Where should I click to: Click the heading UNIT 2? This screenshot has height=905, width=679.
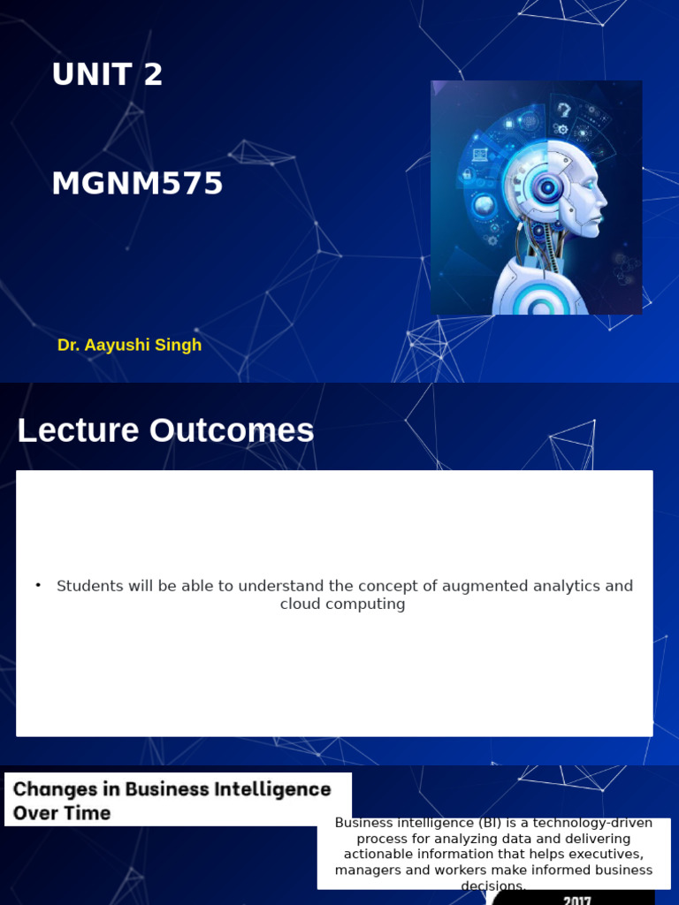click(x=107, y=75)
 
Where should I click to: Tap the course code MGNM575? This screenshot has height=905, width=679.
click(x=137, y=184)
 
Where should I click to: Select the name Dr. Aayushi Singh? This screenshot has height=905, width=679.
click(x=129, y=345)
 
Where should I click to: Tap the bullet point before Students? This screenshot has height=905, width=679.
click(x=39, y=585)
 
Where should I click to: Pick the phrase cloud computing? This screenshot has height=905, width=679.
click(x=342, y=605)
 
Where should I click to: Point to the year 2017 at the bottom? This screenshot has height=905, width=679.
click(x=577, y=898)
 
